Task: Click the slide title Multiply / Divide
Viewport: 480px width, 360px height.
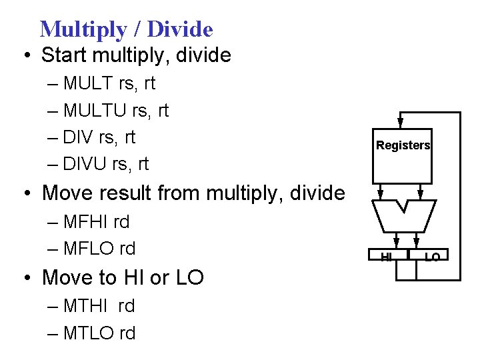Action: pos(126,29)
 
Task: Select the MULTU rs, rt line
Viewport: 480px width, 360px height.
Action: pos(116,111)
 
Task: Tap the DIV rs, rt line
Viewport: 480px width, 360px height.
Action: pos(99,137)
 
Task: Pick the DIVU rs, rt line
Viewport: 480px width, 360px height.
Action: pos(106,163)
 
